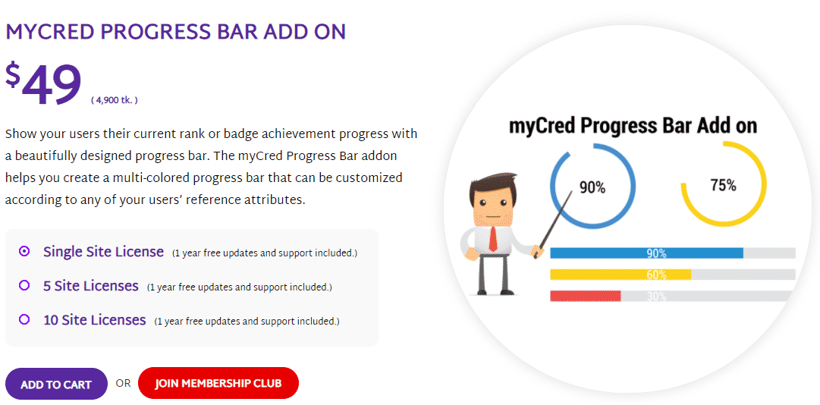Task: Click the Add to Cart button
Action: [x=56, y=384]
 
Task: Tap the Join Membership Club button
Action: [x=218, y=383]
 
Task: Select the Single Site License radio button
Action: [x=24, y=251]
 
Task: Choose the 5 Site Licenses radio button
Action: [x=24, y=285]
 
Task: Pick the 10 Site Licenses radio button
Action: [x=24, y=319]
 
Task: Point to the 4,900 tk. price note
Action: [x=115, y=100]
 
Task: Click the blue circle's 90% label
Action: [x=592, y=187]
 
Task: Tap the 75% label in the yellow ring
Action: [x=723, y=184]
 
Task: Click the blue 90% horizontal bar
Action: [x=646, y=253]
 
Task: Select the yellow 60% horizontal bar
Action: [x=620, y=275]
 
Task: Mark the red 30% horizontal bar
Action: [x=585, y=296]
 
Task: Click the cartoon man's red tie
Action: [x=492, y=238]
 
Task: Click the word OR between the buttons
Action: [x=124, y=384]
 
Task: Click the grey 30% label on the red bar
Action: [x=656, y=297]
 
